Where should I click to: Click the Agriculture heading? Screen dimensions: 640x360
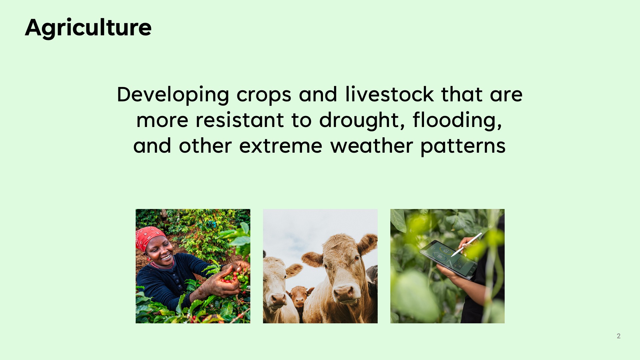[x=88, y=28]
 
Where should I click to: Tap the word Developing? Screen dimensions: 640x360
[x=173, y=95]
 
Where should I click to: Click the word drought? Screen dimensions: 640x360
[x=362, y=121]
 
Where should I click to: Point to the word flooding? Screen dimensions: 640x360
[x=457, y=121]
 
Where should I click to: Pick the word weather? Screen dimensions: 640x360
[x=372, y=146]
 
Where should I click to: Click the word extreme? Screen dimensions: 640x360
[x=281, y=146]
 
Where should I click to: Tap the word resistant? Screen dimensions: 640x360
[x=240, y=120]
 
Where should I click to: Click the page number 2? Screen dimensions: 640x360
[x=619, y=336]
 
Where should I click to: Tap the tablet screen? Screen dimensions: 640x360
[x=448, y=259]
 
